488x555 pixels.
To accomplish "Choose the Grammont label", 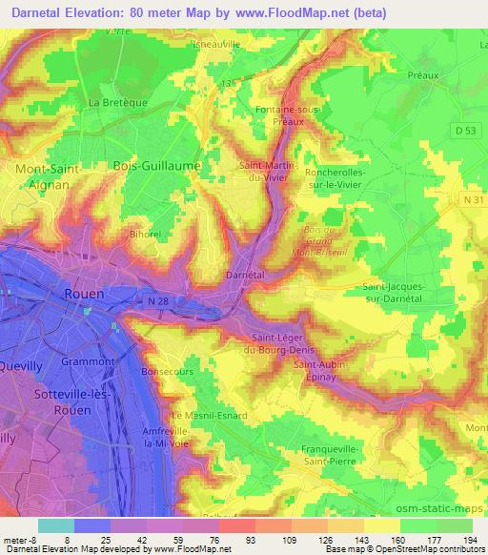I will [x=88, y=361].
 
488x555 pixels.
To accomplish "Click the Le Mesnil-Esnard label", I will [x=209, y=416].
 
